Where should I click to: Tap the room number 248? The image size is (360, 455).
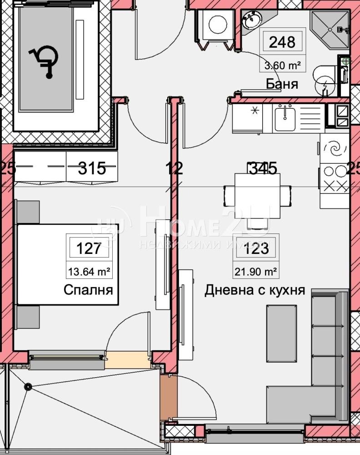coord(282,42)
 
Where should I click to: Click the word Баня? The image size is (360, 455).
coord(282,84)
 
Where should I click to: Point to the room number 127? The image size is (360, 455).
coord(89,248)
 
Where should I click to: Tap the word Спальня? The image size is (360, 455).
coord(88,290)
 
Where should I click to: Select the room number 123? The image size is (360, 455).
coord(256,248)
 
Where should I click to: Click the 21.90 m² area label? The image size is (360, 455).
coord(256,272)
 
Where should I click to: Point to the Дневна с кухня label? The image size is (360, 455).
coord(255,290)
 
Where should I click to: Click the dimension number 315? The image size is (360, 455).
coord(92,168)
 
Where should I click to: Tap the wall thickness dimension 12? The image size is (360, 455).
coord(175,168)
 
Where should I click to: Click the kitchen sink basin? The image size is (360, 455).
coord(285,117)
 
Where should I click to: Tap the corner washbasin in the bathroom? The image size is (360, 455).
coord(250,20)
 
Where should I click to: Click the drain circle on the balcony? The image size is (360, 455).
coord(28,387)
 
